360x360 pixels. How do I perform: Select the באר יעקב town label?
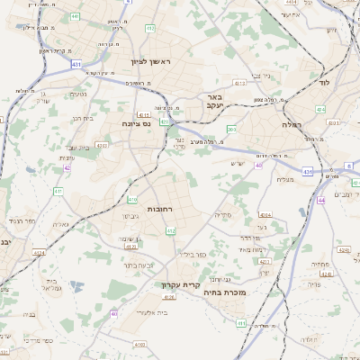click(x=213, y=101)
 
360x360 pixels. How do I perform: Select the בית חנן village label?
click(x=83, y=117)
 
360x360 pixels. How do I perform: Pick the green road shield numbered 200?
click(x=231, y=130)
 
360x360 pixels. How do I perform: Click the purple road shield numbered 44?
click(x=320, y=201)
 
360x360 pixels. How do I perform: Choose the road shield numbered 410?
click(x=132, y=199)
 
